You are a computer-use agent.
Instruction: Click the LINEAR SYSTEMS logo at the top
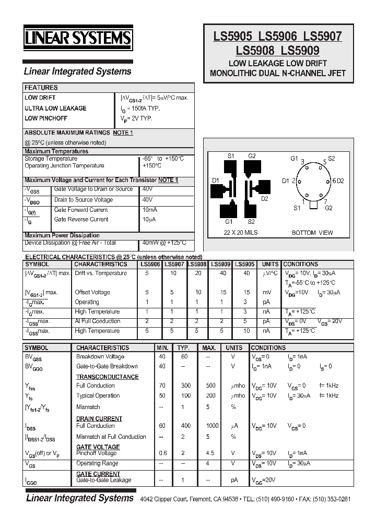click(79, 38)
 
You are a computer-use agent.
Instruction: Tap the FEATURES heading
click(41, 88)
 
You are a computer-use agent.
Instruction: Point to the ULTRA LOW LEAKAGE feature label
click(55, 109)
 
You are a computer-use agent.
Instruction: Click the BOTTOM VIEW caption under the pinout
click(311, 233)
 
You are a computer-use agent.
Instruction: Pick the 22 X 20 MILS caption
click(241, 233)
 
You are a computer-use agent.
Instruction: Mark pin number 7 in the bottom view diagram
click(326, 201)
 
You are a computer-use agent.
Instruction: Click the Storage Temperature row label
click(51, 159)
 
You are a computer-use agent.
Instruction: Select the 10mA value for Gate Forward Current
click(150, 210)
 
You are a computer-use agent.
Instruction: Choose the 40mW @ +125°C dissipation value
click(164, 243)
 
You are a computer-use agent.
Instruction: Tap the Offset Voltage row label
click(92, 293)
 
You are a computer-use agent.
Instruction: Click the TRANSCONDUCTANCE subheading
click(108, 377)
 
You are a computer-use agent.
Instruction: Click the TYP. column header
click(183, 348)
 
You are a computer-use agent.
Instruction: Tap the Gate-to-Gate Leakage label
click(104, 480)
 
